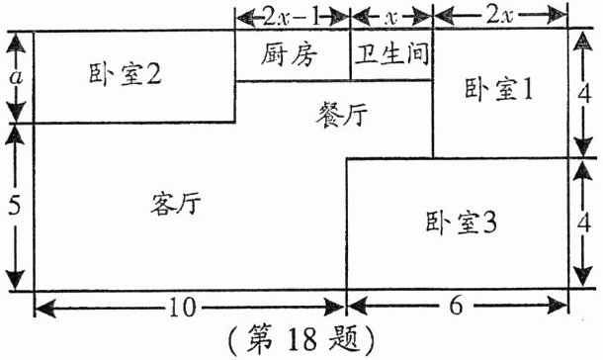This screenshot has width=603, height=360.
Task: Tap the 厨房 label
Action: click(x=293, y=54)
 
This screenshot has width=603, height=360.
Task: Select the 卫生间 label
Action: click(x=392, y=54)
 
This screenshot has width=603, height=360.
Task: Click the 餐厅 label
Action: click(x=342, y=113)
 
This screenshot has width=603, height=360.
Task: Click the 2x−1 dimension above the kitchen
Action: click(x=293, y=16)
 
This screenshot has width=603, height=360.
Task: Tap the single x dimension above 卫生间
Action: click(x=392, y=16)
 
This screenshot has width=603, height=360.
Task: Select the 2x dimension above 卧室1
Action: click(x=501, y=16)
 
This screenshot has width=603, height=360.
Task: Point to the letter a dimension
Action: click(x=14, y=75)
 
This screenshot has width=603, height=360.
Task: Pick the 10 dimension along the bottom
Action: click(x=178, y=309)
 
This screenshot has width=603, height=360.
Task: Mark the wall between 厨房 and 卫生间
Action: click(x=352, y=55)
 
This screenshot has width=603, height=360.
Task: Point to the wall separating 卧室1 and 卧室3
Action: click(x=501, y=157)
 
